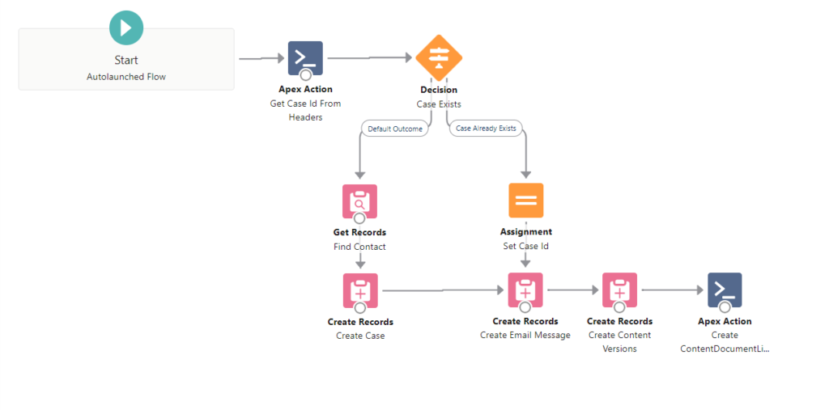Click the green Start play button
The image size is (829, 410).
click(x=125, y=27)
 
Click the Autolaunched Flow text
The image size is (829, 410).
click(x=125, y=77)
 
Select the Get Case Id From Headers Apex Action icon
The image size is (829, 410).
click(x=305, y=58)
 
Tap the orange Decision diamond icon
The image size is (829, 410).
click(x=439, y=57)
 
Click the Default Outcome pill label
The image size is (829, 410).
click(x=395, y=129)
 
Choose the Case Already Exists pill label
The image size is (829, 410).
click(x=486, y=129)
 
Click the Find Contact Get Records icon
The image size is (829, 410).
click(x=359, y=201)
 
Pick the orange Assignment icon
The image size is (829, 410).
click(x=526, y=201)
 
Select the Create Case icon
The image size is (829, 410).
click(x=360, y=290)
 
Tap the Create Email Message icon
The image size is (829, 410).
click(x=525, y=290)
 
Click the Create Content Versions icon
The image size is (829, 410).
click(x=619, y=290)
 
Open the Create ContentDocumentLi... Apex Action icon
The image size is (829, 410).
click(x=725, y=290)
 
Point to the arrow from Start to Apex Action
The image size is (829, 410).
click(x=262, y=59)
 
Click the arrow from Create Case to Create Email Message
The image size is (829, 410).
click(x=444, y=290)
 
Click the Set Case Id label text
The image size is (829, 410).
click(x=525, y=246)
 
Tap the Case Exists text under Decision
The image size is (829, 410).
click(x=439, y=104)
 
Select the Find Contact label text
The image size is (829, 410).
click(x=359, y=247)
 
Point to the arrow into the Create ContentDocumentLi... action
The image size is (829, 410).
click(x=673, y=290)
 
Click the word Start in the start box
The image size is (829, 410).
click(x=125, y=60)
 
